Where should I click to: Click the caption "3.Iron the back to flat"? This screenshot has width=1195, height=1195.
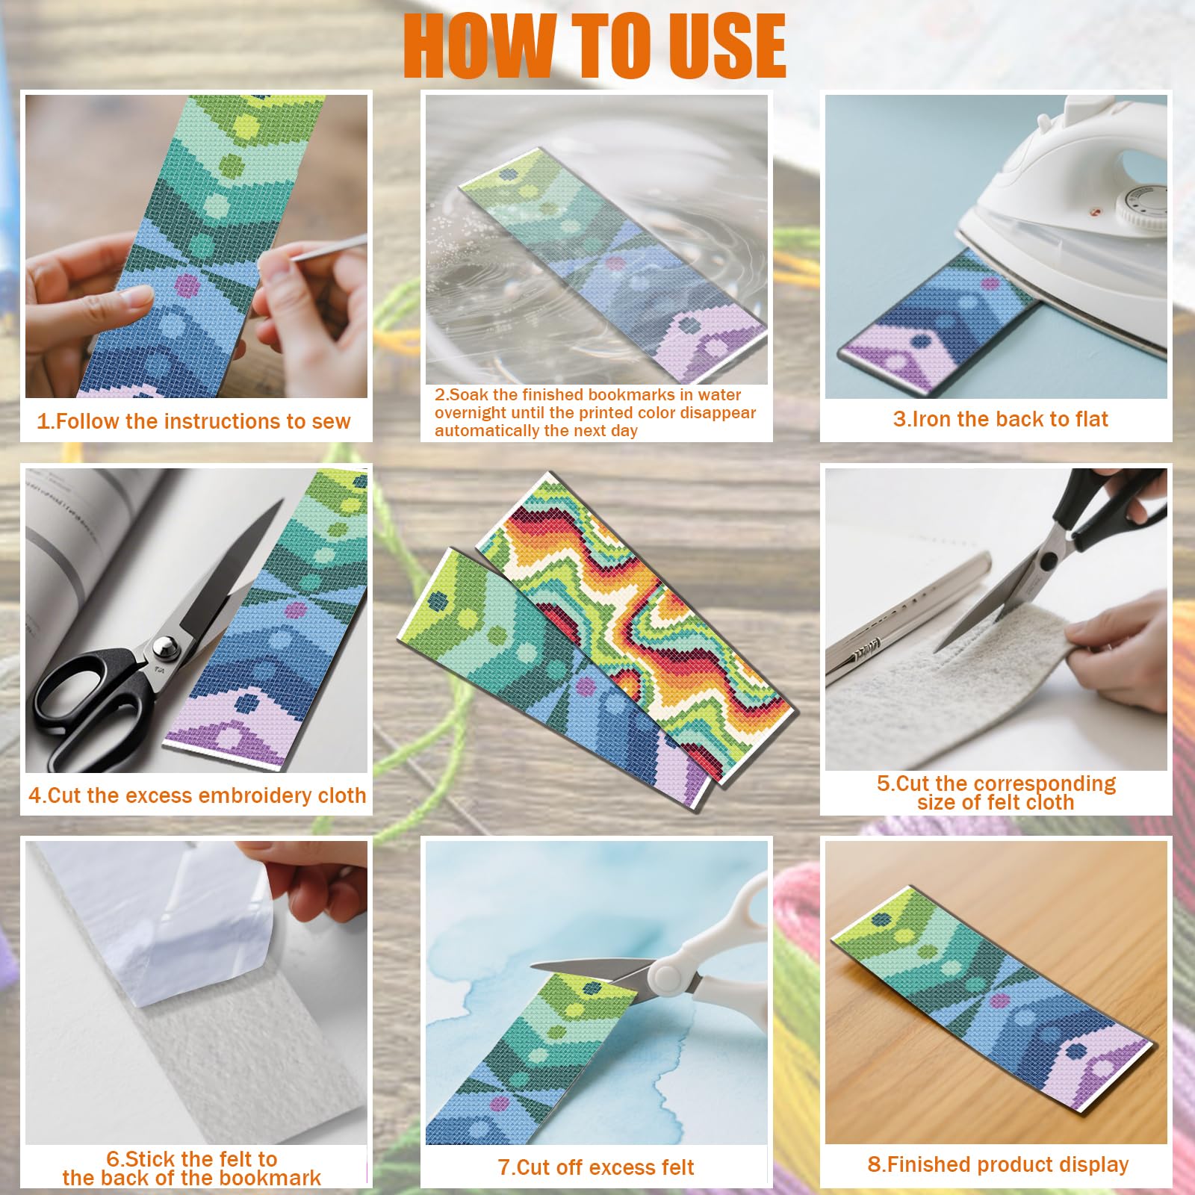point(1000,419)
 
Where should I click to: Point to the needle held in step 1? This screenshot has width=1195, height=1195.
point(329,248)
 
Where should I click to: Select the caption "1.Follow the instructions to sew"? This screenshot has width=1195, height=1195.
point(193,421)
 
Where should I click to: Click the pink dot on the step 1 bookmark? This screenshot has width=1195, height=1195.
point(187,283)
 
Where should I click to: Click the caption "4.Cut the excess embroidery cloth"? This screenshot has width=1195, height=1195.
point(197,795)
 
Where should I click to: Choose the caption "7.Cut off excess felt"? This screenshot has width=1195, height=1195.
point(596,1167)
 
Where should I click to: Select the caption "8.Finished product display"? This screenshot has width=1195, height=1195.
point(998,1164)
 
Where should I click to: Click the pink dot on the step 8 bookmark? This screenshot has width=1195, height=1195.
point(998,1001)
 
